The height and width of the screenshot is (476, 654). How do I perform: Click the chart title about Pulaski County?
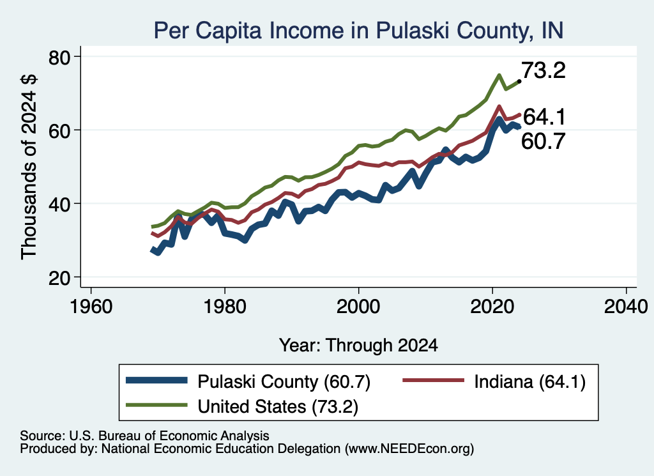[x=359, y=31]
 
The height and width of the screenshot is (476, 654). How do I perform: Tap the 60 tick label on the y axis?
[x=59, y=130]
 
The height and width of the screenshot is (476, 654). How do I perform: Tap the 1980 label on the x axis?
[x=225, y=307]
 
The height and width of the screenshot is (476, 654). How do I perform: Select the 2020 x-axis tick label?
[x=492, y=307]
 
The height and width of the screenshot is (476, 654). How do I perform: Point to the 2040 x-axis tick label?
[x=626, y=307]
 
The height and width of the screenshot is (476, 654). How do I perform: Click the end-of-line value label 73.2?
[x=544, y=70]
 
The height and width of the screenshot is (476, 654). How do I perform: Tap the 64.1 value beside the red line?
[x=544, y=117]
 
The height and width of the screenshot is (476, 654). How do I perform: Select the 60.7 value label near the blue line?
[x=544, y=141]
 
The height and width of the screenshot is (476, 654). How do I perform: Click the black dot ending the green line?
[x=519, y=81]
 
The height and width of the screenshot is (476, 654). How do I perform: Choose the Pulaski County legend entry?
[x=248, y=381]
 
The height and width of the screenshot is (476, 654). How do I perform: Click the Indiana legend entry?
[x=494, y=381]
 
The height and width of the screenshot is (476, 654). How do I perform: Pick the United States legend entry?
[x=242, y=406]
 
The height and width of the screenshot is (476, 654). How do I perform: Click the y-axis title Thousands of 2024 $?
[x=29, y=167]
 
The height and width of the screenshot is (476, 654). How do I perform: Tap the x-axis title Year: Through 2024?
[x=358, y=346]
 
